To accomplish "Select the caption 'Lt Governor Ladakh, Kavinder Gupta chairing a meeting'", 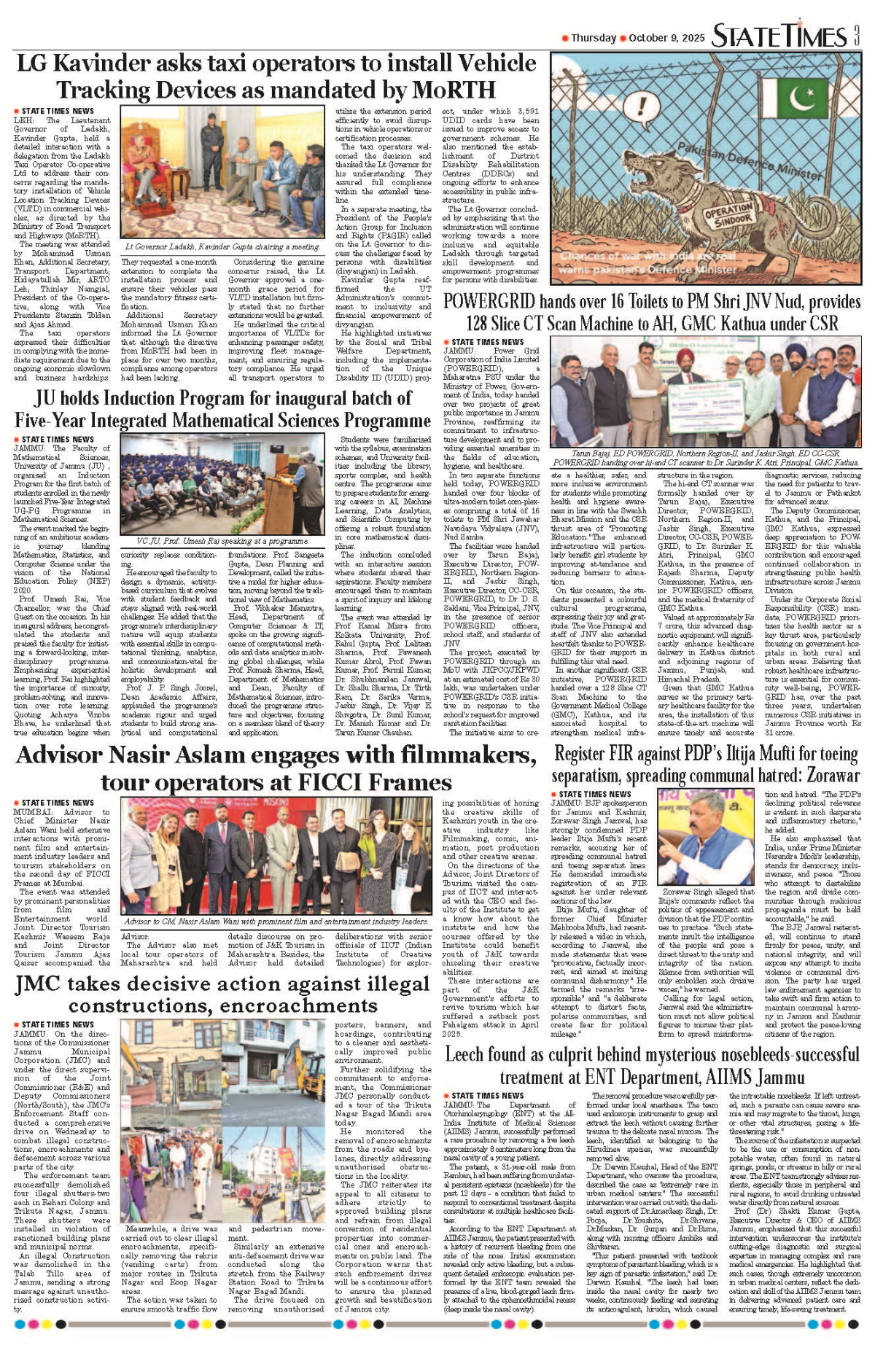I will click(222, 247).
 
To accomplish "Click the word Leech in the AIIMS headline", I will click(467, 1054).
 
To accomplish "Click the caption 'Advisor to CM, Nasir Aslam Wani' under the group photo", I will click(276, 922).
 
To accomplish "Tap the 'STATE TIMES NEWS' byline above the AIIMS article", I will click(486, 1095).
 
